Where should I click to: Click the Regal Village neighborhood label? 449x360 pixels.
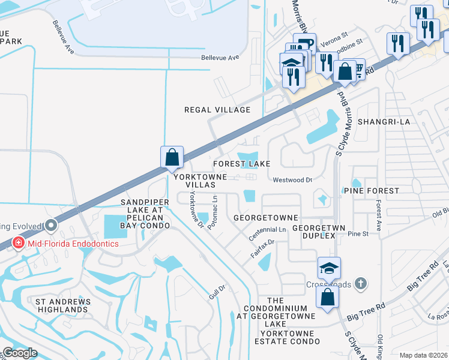point(217,110)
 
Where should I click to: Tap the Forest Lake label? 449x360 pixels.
point(242,164)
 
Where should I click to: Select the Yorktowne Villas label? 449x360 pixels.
point(200,181)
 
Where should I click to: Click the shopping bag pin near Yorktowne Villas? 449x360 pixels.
point(172,158)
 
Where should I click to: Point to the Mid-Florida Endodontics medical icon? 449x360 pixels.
point(19,244)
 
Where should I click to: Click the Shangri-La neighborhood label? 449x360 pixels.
point(383,121)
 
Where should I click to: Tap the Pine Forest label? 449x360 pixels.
point(371,191)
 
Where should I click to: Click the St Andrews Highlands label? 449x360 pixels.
point(62,305)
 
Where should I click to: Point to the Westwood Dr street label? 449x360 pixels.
point(292,179)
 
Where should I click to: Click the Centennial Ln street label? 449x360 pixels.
point(267,230)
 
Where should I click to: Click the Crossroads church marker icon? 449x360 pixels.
point(360,283)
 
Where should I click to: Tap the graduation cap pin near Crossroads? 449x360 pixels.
point(328,269)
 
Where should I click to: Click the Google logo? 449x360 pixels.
point(20,353)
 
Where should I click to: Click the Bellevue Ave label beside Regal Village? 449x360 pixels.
point(219,58)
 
